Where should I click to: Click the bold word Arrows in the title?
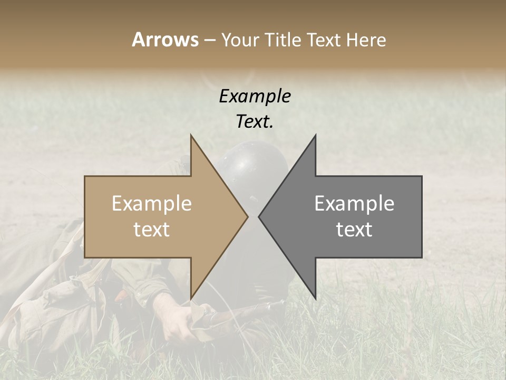165,40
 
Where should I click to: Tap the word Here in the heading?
366,40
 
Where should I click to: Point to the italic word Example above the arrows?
255,97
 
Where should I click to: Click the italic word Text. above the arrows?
255,122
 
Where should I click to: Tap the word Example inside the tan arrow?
152,204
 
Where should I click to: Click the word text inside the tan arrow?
152,230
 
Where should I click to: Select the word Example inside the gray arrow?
354,204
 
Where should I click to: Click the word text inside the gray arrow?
354,230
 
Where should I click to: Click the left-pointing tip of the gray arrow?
259,216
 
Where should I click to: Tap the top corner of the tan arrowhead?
191,136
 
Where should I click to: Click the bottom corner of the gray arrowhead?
315,298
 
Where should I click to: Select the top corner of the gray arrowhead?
315,136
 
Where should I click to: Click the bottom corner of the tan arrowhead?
191,298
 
